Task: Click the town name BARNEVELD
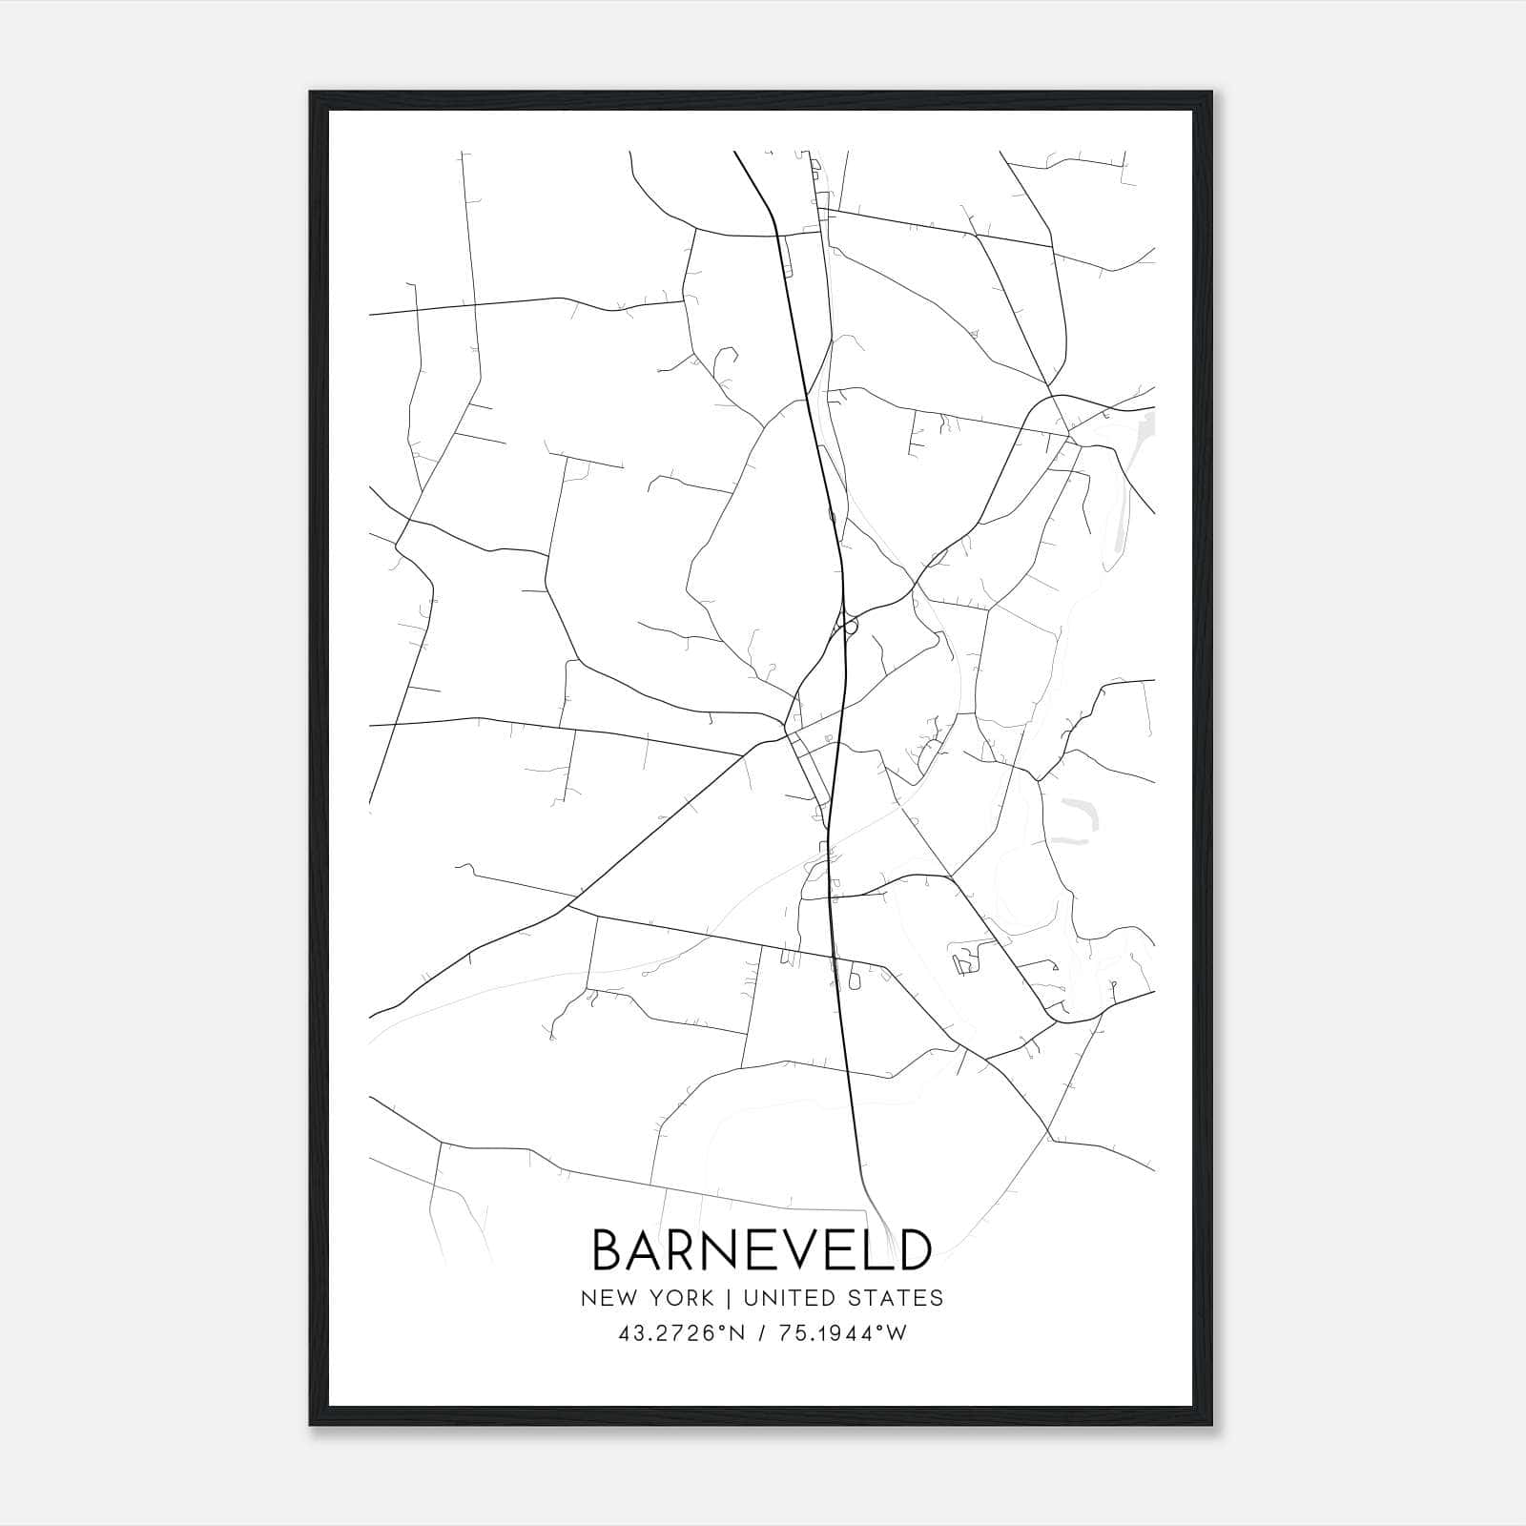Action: [761, 1249]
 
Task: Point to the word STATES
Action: [897, 1298]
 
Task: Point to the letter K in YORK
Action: [706, 1298]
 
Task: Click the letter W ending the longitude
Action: [897, 1333]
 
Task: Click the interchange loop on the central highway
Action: [847, 627]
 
